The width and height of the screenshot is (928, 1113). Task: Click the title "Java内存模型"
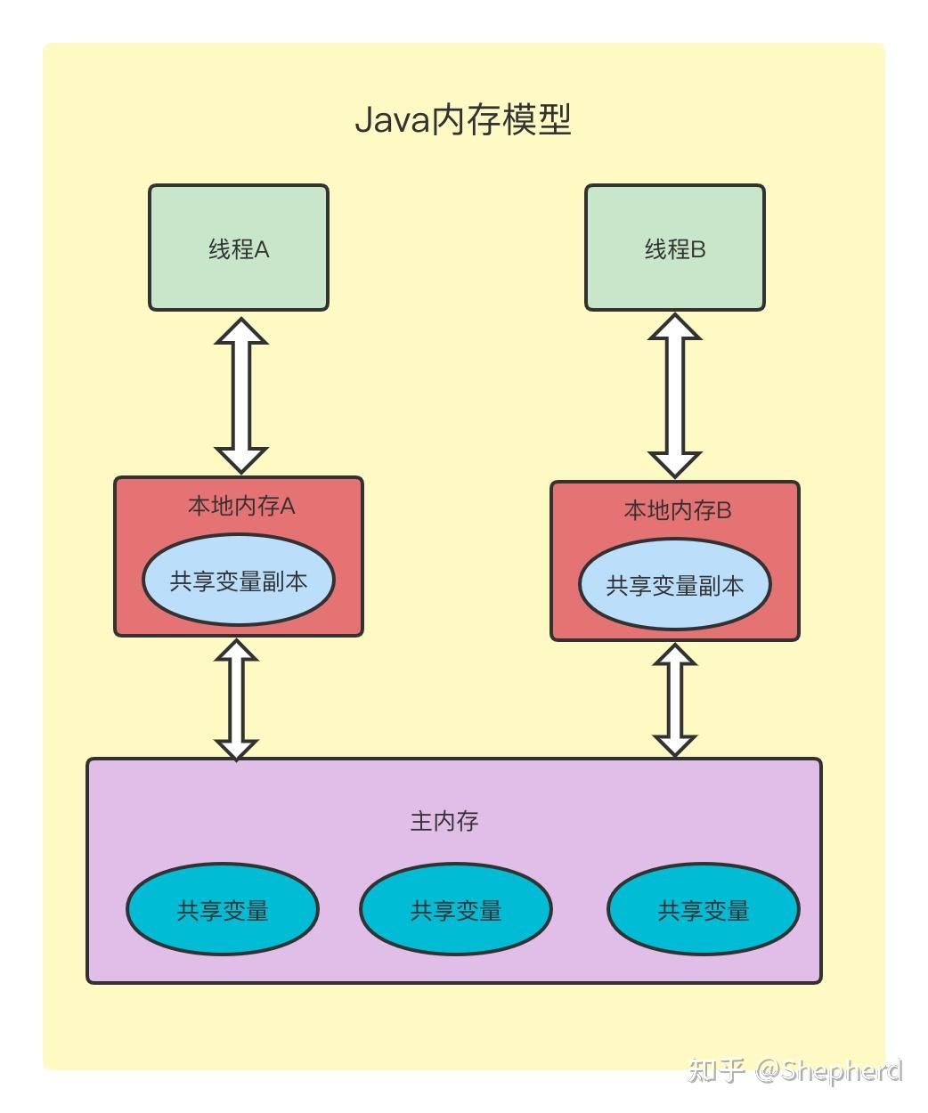click(462, 119)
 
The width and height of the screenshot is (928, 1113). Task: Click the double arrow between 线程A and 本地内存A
click(241, 395)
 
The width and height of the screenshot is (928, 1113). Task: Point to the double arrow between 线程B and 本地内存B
click(674, 396)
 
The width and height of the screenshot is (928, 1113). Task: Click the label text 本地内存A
click(241, 506)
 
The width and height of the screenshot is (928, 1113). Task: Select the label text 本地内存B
click(678, 510)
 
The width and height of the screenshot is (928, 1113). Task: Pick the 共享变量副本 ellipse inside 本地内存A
click(239, 581)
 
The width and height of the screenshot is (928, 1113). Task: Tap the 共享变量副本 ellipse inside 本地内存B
click(674, 585)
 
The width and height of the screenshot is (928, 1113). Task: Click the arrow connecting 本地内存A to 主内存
click(237, 700)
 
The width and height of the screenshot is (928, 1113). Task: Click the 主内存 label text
click(444, 820)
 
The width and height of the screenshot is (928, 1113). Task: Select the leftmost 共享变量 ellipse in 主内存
click(223, 910)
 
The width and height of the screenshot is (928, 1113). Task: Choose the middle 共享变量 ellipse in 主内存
click(455, 910)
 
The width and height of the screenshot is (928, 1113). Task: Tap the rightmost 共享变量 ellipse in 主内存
click(703, 910)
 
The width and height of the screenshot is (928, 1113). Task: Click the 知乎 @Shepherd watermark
click(795, 1069)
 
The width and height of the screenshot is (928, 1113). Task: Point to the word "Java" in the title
click(392, 119)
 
